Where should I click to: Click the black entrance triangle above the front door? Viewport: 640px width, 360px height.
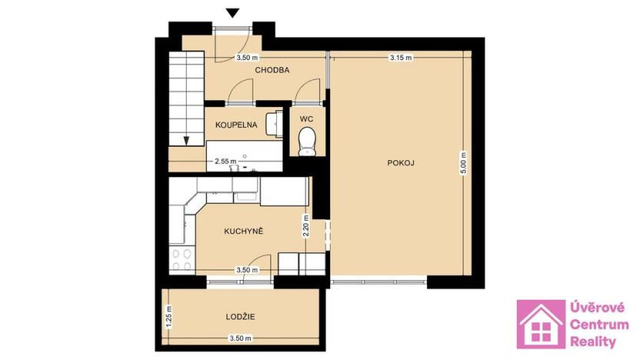click(234, 12)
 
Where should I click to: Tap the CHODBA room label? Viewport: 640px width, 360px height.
click(272, 70)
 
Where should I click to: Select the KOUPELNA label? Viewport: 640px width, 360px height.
click(235, 125)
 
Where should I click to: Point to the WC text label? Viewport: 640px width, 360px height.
click(307, 119)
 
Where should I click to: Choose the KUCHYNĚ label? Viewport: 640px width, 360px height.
click(244, 231)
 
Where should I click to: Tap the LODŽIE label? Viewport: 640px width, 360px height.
click(241, 316)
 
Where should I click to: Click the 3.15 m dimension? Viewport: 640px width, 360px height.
click(401, 58)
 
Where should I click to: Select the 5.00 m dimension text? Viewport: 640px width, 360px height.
click(462, 168)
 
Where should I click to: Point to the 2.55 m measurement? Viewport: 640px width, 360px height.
click(225, 161)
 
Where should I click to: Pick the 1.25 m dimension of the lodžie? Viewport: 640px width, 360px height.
click(168, 316)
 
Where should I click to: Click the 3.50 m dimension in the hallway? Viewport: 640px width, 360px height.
click(246, 58)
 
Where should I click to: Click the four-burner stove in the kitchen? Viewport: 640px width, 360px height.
click(182, 260)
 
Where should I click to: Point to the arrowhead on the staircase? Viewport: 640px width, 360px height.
click(187, 139)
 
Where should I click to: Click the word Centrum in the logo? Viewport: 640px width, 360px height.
click(598, 324)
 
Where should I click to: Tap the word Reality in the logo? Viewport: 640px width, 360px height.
click(593, 342)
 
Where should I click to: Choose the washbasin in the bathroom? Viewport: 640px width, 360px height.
click(273, 124)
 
